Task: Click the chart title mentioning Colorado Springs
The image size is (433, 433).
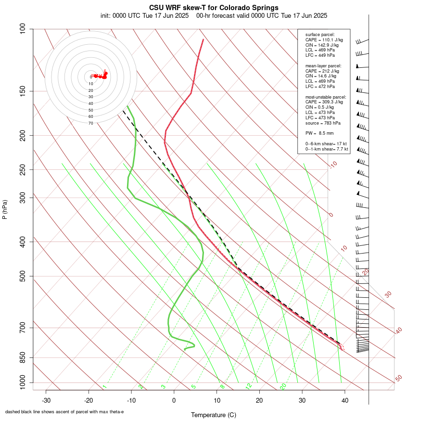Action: (214, 8)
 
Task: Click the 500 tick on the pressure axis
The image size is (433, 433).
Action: (23, 276)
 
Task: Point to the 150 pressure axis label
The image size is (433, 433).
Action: (23, 91)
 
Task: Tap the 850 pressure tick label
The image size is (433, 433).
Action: (23, 357)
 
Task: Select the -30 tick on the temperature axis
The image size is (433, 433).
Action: (46, 400)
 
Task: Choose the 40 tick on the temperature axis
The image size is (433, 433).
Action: (345, 400)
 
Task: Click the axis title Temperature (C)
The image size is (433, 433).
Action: (214, 415)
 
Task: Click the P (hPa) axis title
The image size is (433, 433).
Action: (5, 210)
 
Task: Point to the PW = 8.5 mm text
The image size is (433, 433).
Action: (319, 133)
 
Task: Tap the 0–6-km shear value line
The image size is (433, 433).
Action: (326, 144)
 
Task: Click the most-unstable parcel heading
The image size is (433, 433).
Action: (326, 97)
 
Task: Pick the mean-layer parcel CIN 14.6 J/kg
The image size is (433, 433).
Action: (321, 76)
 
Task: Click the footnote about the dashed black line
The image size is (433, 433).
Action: (64, 412)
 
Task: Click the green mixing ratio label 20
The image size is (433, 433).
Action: (283, 386)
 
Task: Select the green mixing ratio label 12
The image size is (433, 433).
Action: (249, 386)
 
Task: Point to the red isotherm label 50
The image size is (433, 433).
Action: (398, 379)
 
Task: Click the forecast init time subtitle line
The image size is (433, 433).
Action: (214, 15)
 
